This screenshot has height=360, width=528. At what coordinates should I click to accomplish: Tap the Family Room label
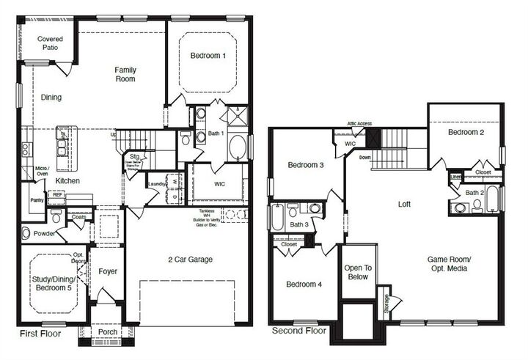[125, 74]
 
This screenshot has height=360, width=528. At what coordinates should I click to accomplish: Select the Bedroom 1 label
[208, 56]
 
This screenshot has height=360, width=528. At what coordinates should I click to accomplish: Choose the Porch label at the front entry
[107, 332]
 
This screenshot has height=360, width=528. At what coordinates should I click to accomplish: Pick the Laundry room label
[155, 184]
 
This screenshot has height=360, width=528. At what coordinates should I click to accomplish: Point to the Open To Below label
[358, 273]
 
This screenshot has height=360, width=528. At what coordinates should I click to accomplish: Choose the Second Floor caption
[298, 331]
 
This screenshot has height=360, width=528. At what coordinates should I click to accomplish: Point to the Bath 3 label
[298, 224]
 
